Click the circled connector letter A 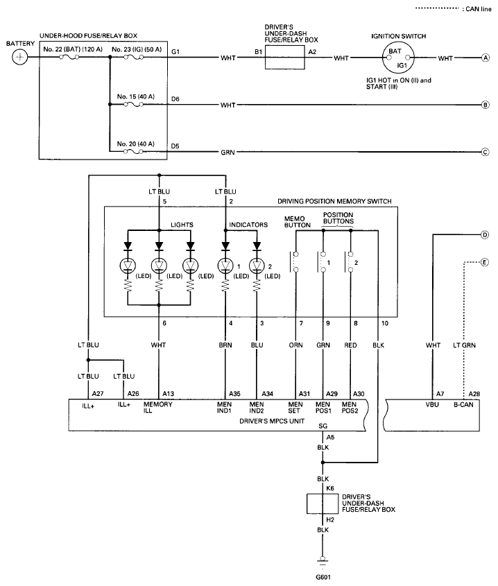[486, 58]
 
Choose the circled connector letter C [486, 152]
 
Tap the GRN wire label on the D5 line [229, 152]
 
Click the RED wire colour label [352, 345]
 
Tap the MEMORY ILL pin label [157, 407]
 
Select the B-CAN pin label [463, 404]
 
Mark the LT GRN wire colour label [463, 345]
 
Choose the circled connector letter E [486, 262]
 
